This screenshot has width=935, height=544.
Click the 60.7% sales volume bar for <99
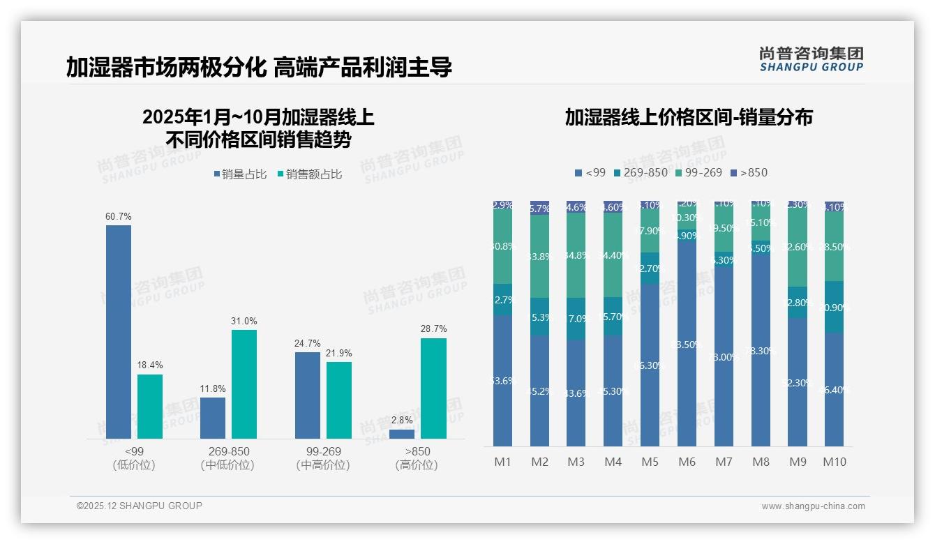(x=119, y=331)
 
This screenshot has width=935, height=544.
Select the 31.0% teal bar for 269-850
(x=244, y=384)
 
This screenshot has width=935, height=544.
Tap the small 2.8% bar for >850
(x=402, y=434)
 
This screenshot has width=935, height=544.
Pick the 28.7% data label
(x=434, y=328)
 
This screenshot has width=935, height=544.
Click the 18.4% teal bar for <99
(x=150, y=407)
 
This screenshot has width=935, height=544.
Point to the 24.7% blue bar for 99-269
(x=308, y=395)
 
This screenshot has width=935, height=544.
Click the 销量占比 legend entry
(x=240, y=174)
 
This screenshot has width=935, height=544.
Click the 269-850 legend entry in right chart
(x=639, y=172)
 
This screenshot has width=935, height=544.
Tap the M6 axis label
(x=687, y=462)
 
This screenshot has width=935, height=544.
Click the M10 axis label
(x=835, y=462)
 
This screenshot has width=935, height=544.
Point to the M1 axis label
(x=502, y=462)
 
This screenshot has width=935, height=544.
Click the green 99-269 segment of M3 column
(x=576, y=255)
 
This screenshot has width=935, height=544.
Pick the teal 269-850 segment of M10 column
(x=835, y=307)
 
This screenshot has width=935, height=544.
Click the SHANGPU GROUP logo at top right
(x=811, y=59)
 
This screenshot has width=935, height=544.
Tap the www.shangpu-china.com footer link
(x=813, y=506)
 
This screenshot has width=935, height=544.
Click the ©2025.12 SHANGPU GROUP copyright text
(x=140, y=506)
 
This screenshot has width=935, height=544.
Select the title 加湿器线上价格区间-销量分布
(x=689, y=117)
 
